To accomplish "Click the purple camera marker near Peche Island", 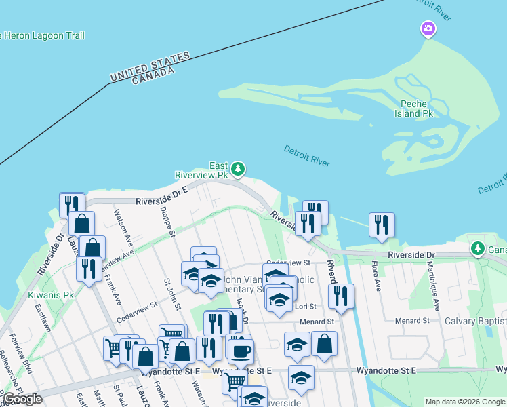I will point(428,28).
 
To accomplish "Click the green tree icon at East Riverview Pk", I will point(237,168).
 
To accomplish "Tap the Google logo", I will point(22,399).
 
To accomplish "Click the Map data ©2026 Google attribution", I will point(464,402).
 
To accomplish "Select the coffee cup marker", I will point(240,351).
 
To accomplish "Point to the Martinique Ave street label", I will point(434,284).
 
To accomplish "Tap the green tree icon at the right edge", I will point(478,248).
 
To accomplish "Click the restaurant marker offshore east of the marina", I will point(382,224).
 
